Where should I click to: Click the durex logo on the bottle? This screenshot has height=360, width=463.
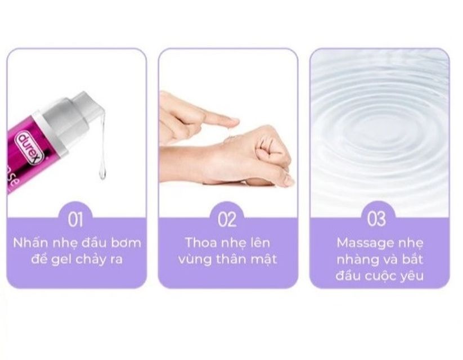coord(31,149)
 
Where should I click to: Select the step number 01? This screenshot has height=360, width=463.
coord(75,219)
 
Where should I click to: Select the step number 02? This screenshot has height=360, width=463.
coord(227,219)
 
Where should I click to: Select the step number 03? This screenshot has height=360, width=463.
coord(376,219)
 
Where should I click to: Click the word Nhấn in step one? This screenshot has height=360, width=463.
coord(31,243)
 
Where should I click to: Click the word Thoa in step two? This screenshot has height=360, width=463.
coord(201,242)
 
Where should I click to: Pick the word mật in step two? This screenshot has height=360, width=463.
coord(264,259)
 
